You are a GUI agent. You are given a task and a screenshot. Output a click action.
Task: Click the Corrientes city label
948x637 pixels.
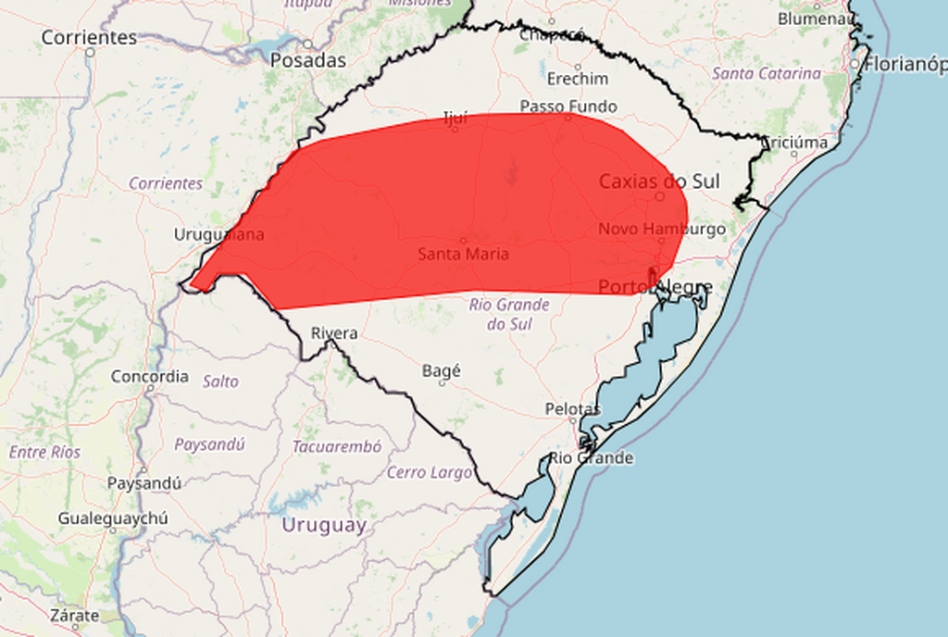[89, 38]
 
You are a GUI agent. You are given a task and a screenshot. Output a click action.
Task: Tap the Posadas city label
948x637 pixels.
[308, 60]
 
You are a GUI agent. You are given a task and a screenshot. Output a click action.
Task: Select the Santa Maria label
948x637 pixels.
[463, 254]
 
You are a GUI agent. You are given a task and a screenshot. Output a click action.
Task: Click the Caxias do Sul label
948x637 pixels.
[659, 181]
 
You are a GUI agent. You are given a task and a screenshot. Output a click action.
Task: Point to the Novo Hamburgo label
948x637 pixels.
[661, 229]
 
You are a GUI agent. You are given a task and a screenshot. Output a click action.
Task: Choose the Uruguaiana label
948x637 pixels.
[218, 234]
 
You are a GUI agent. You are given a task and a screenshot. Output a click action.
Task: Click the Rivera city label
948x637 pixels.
[334, 333]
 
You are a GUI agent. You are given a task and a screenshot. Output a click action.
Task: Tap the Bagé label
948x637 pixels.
[441, 370]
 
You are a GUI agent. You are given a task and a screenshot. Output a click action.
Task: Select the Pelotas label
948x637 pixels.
[572, 409]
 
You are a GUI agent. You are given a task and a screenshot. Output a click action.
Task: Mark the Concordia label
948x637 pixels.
[150, 377]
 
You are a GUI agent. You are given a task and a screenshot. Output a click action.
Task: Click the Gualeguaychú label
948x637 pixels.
[113, 518]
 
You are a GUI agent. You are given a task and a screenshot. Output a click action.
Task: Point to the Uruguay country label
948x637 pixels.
[324, 526]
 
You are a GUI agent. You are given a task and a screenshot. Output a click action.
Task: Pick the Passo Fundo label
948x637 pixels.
[568, 106]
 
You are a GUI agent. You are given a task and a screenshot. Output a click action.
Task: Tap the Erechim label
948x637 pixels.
[578, 79]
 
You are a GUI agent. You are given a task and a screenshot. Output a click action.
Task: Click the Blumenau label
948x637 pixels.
[815, 19]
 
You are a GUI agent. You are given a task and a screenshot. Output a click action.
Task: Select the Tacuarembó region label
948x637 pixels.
[337, 446]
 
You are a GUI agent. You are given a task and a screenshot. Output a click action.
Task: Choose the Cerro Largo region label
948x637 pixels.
[430, 472]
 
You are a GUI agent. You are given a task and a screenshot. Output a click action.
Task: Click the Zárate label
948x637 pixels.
[75, 616]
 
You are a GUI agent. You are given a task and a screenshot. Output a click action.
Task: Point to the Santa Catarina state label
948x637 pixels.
[767, 73]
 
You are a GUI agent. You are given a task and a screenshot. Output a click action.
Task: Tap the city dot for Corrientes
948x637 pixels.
[90, 53]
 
